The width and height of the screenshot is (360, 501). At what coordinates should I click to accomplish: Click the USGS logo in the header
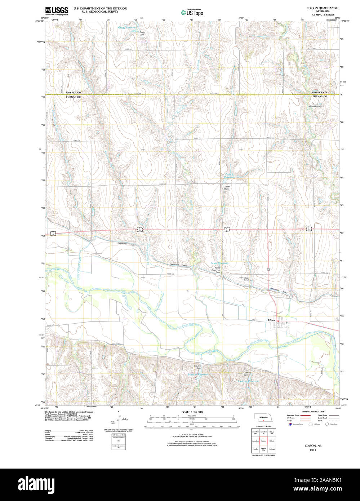pyautogui.click(x=57, y=10)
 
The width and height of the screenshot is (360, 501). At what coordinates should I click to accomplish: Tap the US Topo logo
pyautogui.click(x=192, y=13)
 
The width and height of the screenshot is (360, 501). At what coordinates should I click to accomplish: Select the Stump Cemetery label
pyautogui.click(x=315, y=106)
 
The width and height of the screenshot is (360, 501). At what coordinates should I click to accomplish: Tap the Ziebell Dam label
pyautogui.click(x=227, y=187)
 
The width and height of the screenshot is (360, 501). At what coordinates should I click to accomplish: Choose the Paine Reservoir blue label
pyautogui.click(x=219, y=263)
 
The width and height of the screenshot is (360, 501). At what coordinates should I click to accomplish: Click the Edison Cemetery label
pyautogui.click(x=247, y=279)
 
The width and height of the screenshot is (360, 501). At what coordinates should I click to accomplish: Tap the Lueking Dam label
pyautogui.click(x=247, y=373)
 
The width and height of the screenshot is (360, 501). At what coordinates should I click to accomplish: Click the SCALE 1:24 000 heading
pyautogui.click(x=192, y=412)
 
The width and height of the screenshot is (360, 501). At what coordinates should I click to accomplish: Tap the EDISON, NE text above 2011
pyautogui.click(x=312, y=446)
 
